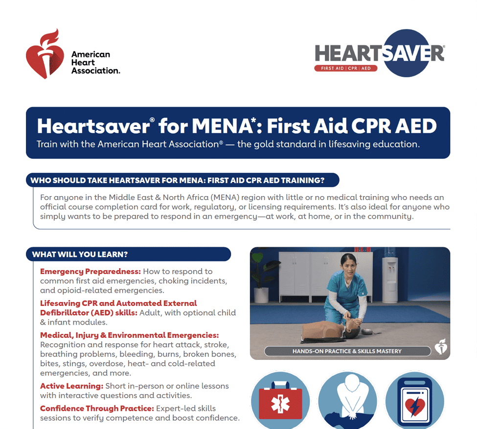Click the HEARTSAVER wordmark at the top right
click(380, 53)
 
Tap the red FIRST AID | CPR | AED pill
click(345, 68)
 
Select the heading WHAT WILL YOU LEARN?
click(80, 254)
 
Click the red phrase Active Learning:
click(71, 386)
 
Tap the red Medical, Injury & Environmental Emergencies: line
click(129, 335)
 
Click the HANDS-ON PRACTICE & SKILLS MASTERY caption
click(347, 351)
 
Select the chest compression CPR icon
click(347, 400)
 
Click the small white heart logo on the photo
click(441, 348)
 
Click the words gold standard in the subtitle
click(279, 145)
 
